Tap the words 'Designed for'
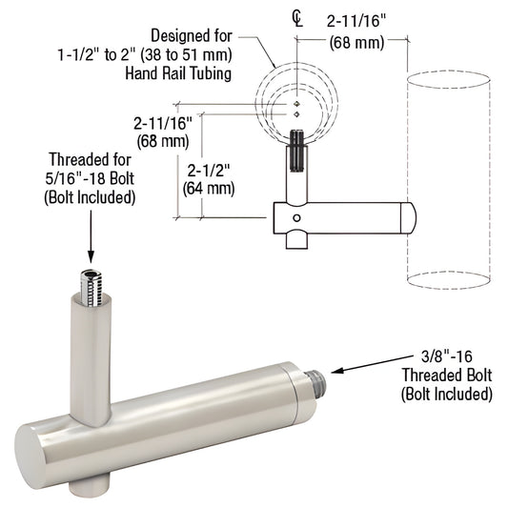pos(197,36)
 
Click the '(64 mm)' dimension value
pos(208,188)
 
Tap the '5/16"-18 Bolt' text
pos(91,179)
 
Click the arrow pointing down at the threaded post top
pos(91,242)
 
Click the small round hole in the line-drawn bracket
pos(296,218)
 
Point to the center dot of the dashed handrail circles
pos(297,103)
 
